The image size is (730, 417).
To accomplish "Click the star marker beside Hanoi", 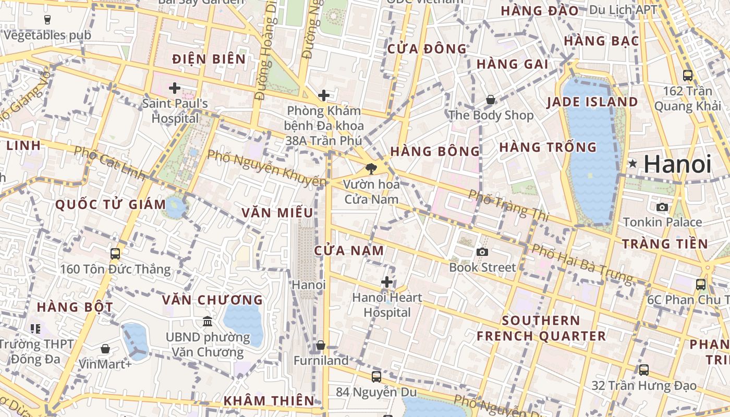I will pos(633,164).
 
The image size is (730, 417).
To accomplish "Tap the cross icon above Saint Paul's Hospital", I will pos(175,88).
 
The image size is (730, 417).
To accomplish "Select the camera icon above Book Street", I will pos(482,252).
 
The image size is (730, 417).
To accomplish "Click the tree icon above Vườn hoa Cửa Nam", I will pos(371,168).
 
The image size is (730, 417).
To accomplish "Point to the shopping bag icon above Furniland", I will pos(321,345).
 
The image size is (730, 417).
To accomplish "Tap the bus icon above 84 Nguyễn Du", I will pos(376,376).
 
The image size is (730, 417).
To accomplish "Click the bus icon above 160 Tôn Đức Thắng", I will pos(115,254).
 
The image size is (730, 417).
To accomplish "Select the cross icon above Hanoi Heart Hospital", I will pos(387,282).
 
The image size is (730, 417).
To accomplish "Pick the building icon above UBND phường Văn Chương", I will pos(208,321).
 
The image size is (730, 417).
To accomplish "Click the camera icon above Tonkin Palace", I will pos(662,207).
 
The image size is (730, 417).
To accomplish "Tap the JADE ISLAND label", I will pos(592,102).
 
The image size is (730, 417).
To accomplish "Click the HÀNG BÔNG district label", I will pos(435,151).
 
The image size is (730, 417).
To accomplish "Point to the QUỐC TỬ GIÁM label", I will pos(111,204).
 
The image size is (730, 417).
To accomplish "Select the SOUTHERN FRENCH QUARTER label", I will pos(541,328).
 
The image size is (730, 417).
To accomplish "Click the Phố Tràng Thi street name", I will pos(505,204).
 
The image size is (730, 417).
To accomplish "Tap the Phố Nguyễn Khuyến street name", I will pos(267,168).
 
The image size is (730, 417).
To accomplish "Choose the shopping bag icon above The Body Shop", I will pos(491,99).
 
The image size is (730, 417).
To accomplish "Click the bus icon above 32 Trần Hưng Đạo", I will pos(644,370).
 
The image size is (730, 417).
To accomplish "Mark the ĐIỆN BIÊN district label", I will pos(209,59).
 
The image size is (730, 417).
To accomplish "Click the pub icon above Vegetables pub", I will pos(47,20).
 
